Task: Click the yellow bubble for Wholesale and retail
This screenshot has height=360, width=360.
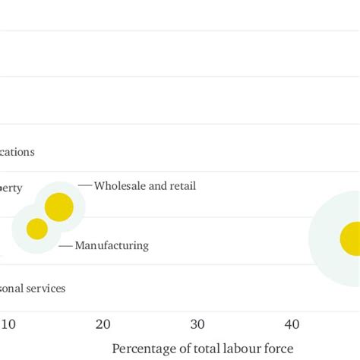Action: pos(58,207)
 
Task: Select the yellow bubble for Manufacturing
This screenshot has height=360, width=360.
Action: pos(37,229)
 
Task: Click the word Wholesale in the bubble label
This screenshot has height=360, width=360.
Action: pos(120,185)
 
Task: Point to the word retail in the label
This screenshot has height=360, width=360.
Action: pos(182,185)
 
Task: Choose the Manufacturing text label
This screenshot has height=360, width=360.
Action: pos(112,245)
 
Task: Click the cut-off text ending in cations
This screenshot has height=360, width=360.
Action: pos(17,151)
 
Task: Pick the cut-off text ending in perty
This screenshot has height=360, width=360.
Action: pos(11,188)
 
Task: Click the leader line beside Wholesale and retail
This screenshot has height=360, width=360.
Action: pos(84,185)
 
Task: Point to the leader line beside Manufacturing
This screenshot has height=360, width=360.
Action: pos(65,245)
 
